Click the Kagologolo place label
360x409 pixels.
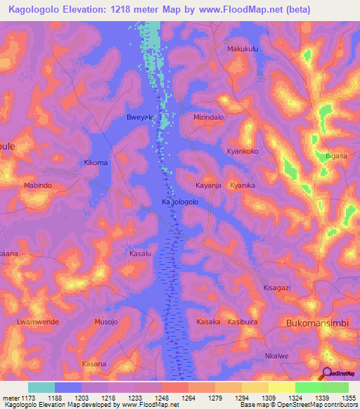(x=179, y=202)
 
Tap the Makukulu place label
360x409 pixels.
(x=243, y=49)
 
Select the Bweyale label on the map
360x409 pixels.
(x=139, y=118)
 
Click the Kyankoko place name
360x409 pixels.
(x=243, y=151)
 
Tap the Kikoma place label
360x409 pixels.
(x=96, y=162)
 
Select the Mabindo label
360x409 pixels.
(x=38, y=186)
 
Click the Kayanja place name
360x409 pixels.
(x=208, y=186)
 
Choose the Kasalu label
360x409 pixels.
(x=141, y=252)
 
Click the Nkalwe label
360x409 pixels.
(x=277, y=356)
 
